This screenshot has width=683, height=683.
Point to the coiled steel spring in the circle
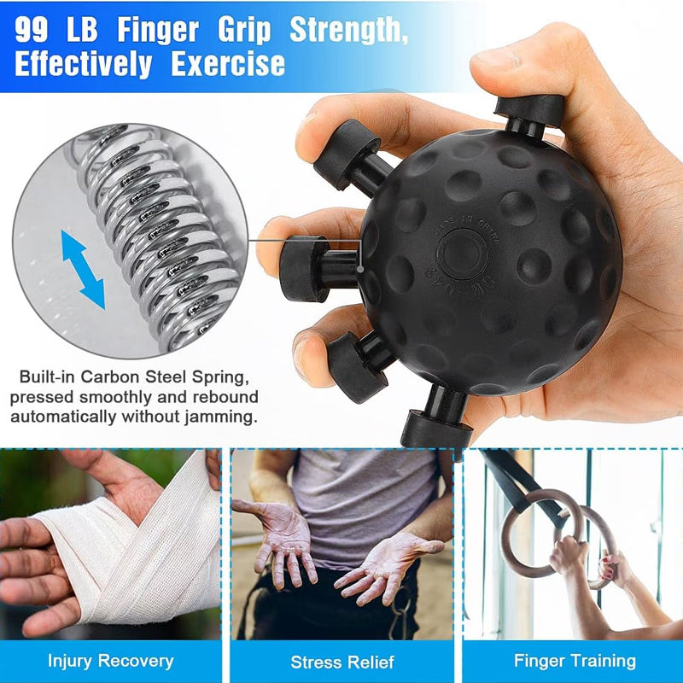coord(162,231)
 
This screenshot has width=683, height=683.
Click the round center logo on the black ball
coord(462,253)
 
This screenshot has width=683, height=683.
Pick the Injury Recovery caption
coord(110,661)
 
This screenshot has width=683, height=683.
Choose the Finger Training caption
coord(575,661)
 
